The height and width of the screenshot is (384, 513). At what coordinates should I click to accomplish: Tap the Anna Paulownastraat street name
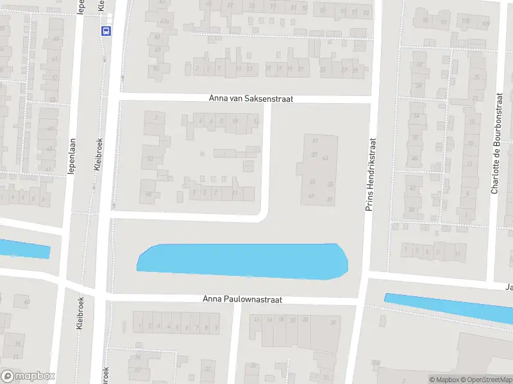242,299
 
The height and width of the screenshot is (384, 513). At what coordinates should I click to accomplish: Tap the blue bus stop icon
105,30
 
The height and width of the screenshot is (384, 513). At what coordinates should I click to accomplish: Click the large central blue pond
244,260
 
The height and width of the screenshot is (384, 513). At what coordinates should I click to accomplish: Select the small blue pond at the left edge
24,249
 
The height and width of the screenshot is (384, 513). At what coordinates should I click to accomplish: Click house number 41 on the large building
315,140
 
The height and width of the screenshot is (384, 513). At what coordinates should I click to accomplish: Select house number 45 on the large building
313,182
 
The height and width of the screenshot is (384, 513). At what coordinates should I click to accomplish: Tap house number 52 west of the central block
150,158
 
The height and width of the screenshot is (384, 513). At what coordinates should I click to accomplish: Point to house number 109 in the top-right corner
485,24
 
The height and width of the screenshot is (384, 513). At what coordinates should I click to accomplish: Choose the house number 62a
164,21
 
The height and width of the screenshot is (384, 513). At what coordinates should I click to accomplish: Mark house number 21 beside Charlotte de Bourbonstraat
475,98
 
